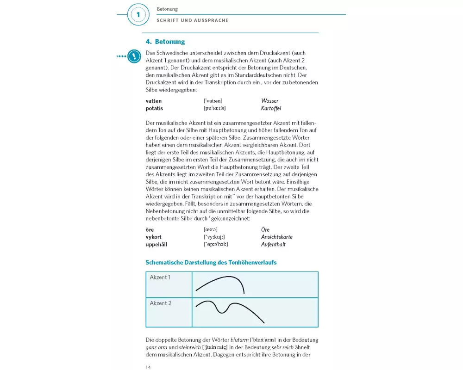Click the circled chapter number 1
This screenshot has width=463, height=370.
pyautogui.click(x=138, y=15)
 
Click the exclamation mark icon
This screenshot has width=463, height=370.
pyautogui.click(x=134, y=56)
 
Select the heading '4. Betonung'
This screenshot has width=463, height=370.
pyautogui.click(x=165, y=42)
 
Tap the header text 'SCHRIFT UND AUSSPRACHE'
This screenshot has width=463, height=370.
pyautogui.click(x=193, y=20)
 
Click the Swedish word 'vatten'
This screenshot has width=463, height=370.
pyautogui.click(x=154, y=101)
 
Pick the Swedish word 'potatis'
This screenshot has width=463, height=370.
pyautogui.click(x=155, y=108)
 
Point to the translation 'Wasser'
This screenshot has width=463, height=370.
pyautogui.click(x=270, y=101)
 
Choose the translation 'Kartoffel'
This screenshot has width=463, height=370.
pyautogui.click(x=271, y=108)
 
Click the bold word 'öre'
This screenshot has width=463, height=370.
pyautogui.click(x=150, y=229)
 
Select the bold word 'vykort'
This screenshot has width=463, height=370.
pyautogui.click(x=154, y=237)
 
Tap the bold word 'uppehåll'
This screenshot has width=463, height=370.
pyautogui.click(x=157, y=244)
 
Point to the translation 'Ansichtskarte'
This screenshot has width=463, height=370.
pyautogui.click(x=277, y=237)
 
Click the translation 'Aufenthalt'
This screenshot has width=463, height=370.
pyautogui.click(x=274, y=244)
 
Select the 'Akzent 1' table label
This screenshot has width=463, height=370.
pyautogui.click(x=160, y=277)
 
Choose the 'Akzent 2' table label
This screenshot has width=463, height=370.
pyautogui.click(x=161, y=303)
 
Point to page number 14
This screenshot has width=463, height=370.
pyautogui.click(x=149, y=367)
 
